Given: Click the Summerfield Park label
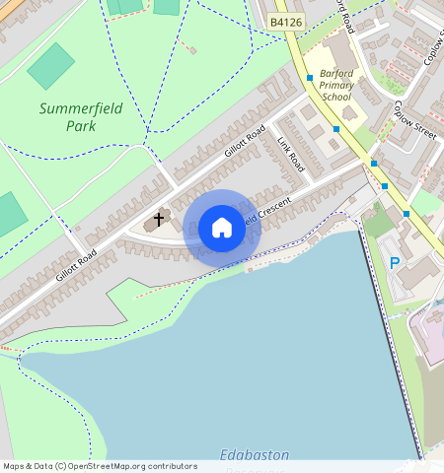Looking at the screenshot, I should tap(81, 116).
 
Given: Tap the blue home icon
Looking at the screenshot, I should tap(222, 228).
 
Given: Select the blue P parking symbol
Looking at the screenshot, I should tap(395, 263).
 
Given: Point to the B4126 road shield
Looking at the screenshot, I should tap(286, 20).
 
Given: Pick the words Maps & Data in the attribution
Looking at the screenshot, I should tap(27, 466).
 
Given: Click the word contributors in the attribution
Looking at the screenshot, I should tap(173, 466).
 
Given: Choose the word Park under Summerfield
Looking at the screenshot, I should tap(81, 125).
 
